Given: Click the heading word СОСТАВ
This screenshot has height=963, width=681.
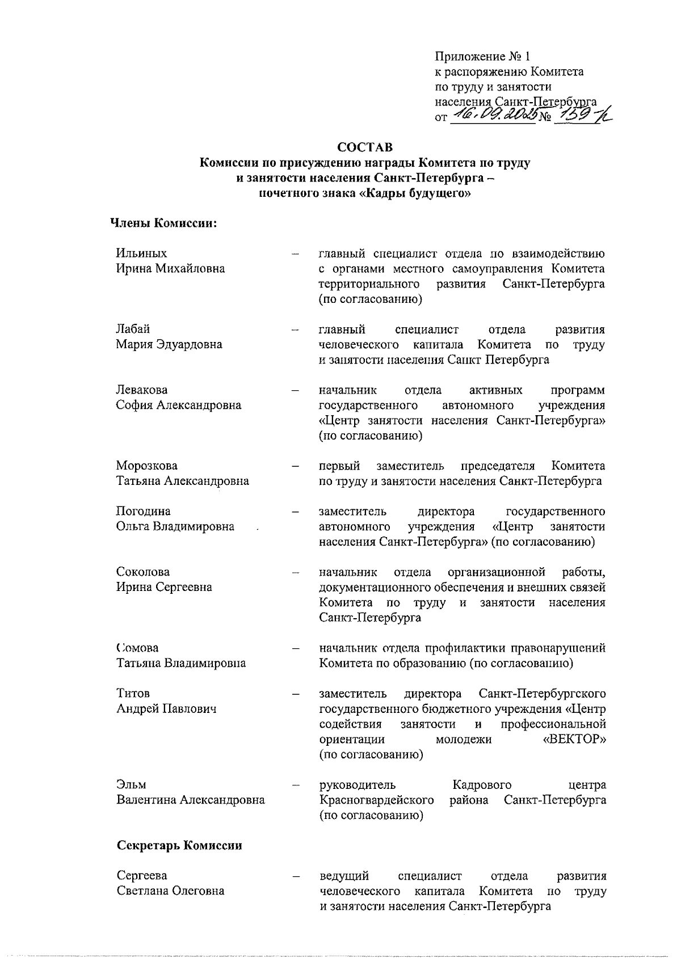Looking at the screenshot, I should coord(364,147).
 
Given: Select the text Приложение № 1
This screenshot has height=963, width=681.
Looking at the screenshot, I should coord(481,56).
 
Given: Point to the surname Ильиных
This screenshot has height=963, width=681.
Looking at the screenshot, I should coord(142,253).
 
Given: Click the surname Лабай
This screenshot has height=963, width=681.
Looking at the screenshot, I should coord(133,330).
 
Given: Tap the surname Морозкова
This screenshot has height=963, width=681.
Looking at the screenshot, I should coord(147,466).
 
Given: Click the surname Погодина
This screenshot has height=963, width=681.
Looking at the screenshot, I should coord(143,511).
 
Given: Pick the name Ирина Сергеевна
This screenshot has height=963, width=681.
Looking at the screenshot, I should coord(164,587).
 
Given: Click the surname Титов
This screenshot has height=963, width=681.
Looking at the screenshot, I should coord(133,694).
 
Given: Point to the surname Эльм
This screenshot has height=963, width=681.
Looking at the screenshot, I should coord(131,785).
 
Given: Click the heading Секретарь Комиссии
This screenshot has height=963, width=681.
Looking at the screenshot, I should coord(179,846).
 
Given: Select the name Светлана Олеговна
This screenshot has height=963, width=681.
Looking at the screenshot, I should coord(170,891).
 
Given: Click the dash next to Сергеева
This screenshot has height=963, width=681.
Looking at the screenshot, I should coord(295,876).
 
